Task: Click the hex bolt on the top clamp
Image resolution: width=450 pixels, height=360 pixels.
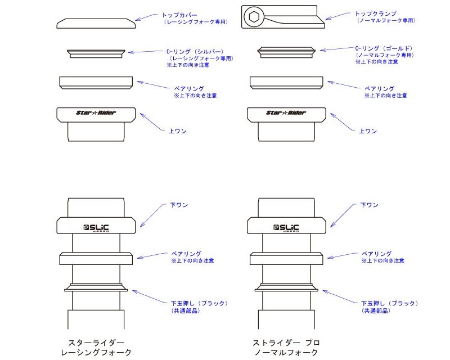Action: click(x=253, y=17)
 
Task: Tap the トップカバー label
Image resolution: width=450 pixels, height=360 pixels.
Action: click(x=179, y=15)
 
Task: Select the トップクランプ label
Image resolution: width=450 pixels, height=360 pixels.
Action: click(x=376, y=13)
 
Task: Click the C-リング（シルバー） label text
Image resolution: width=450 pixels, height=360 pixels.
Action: click(x=195, y=52)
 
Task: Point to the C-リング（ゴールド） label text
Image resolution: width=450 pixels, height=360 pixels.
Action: click(x=384, y=48)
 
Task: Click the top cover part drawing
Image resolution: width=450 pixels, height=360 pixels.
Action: click(x=96, y=24)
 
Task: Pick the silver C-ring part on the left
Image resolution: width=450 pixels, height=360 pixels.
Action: click(x=96, y=53)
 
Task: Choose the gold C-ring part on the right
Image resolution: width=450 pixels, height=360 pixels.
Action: click(x=286, y=52)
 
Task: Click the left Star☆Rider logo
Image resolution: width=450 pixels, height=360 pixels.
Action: click(x=96, y=112)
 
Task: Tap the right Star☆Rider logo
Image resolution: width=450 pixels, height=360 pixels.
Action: click(x=286, y=112)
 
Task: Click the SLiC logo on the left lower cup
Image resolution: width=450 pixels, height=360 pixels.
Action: click(x=96, y=228)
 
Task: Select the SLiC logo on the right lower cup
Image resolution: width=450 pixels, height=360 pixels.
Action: click(x=286, y=228)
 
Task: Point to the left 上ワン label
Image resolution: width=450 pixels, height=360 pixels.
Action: click(x=178, y=131)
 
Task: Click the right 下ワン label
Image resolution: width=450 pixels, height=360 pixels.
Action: click(x=370, y=205)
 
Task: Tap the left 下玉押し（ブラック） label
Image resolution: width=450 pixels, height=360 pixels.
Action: click(x=199, y=303)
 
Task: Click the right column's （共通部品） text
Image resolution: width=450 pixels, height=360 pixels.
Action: click(x=376, y=310)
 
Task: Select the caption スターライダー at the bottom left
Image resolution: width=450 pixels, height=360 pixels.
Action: click(x=96, y=343)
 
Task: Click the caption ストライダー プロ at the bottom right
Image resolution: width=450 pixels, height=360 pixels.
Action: click(x=286, y=343)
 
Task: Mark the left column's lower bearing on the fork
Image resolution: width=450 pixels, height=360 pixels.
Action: click(x=96, y=258)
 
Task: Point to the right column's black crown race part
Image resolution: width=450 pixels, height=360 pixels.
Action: click(x=286, y=287)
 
